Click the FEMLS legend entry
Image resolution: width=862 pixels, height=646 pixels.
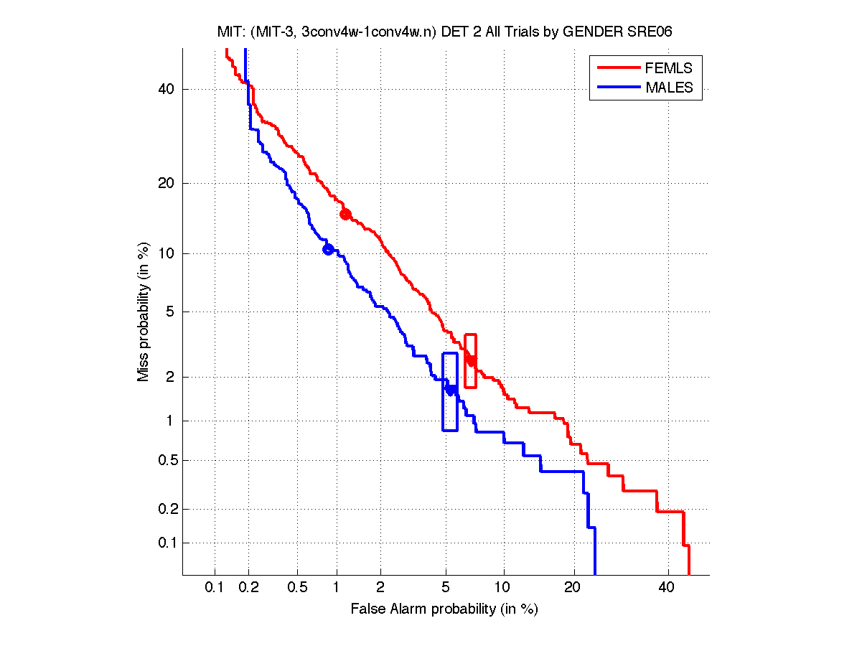(669, 68)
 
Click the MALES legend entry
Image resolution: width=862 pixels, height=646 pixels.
(669, 88)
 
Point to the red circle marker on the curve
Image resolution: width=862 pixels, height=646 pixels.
(345, 214)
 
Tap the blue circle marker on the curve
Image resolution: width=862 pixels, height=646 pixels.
(328, 250)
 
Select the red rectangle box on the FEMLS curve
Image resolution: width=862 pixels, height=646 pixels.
(471, 360)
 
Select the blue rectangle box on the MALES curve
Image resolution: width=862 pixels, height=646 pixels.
(450, 391)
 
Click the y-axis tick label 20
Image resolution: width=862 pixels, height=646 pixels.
(166, 183)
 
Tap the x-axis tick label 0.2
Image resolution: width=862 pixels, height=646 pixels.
(248, 588)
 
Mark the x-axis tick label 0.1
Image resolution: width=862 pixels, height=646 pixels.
(215, 588)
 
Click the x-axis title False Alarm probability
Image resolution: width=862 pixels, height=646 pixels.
(444, 609)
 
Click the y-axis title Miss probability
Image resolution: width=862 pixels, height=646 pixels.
(144, 312)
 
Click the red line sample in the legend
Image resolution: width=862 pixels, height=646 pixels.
(617, 68)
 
